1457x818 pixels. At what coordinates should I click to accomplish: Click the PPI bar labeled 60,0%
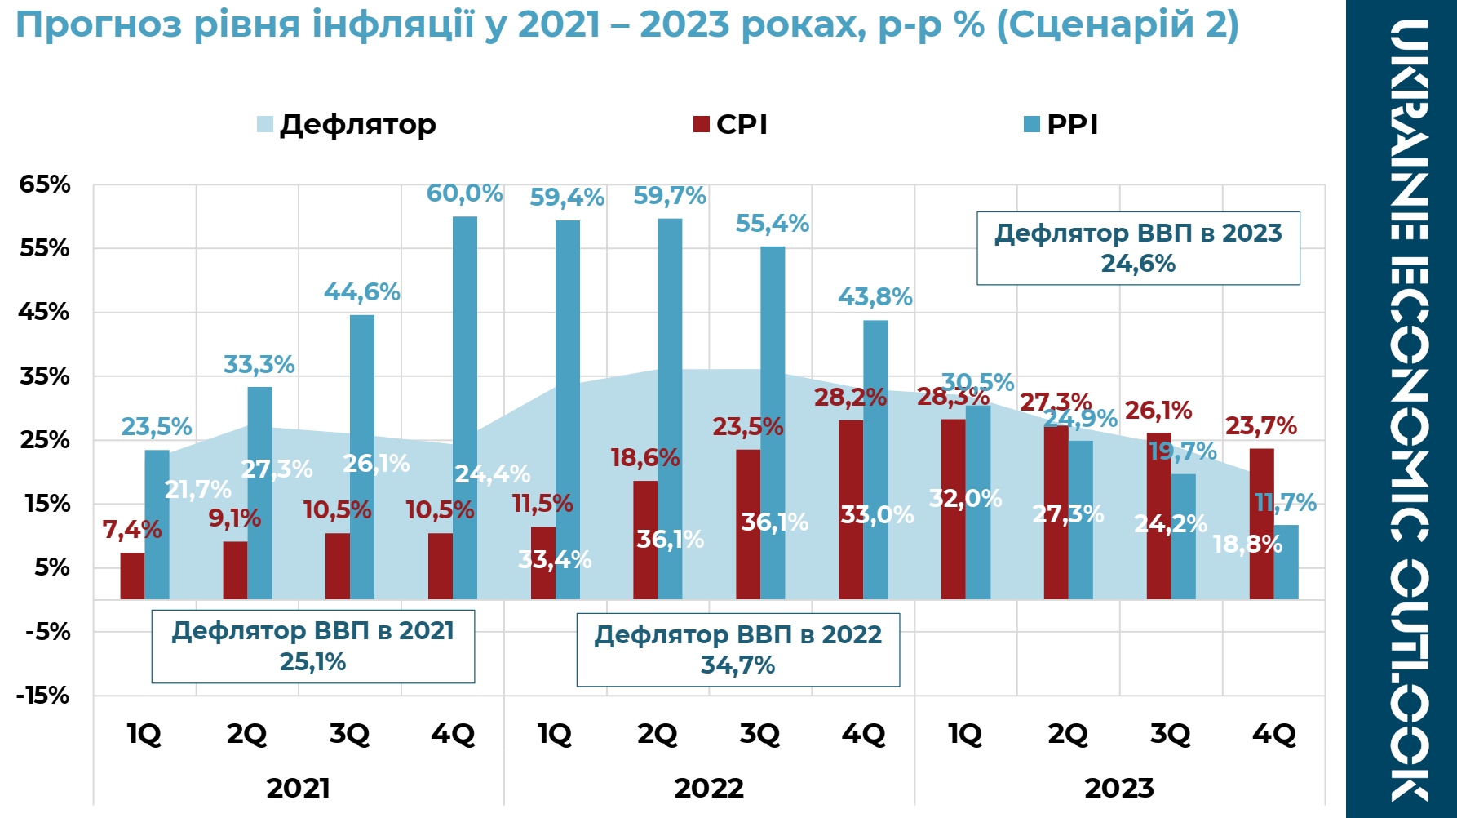tap(465, 408)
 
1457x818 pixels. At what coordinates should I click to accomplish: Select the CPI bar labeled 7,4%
tap(132, 576)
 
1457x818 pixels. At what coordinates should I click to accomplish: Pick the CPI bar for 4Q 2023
tap(1261, 524)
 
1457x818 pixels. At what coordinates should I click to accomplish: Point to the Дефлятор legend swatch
tap(265, 124)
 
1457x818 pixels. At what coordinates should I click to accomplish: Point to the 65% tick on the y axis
tap(45, 184)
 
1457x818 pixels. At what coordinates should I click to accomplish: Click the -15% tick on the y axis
tap(42, 696)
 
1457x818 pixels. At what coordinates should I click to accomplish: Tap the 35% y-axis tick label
tap(45, 376)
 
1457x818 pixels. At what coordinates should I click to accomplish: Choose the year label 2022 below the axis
tap(709, 788)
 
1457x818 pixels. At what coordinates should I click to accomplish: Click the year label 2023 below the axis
tap(1119, 788)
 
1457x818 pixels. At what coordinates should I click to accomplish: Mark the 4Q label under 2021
tap(453, 734)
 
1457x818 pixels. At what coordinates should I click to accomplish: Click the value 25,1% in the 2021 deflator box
tap(312, 661)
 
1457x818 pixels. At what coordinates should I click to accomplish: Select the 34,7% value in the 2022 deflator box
tap(737, 665)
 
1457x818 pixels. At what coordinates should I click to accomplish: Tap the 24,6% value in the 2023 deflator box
tap(1138, 263)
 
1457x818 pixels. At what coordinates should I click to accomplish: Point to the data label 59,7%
tap(670, 196)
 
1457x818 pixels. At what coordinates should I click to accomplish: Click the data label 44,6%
tap(362, 291)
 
